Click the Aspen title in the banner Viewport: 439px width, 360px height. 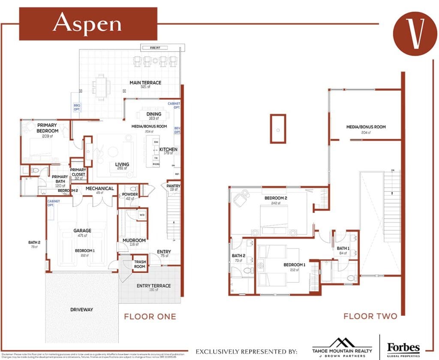pos(87,24)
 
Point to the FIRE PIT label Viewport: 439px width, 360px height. pos(156,48)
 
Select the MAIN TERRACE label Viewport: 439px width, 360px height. pos(145,83)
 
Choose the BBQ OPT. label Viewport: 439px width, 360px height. pos(77,107)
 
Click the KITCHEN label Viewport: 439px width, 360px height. pos(168,150)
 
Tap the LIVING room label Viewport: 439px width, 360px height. pos(122,165)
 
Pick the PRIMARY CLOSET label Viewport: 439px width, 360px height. pos(78,172)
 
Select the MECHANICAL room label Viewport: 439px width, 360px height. pos(99,188)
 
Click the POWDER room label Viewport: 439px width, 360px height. pos(129,194)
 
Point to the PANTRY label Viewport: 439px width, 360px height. pos(173,186)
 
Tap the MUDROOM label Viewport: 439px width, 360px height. pos(134,241)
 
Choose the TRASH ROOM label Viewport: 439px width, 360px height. pos(140,264)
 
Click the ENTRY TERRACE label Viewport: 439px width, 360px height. pos(153,286)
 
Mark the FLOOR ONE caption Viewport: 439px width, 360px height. pos(150,317)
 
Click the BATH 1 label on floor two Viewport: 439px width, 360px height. pos(343,248)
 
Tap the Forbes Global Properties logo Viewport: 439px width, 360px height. pos(403,348)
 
